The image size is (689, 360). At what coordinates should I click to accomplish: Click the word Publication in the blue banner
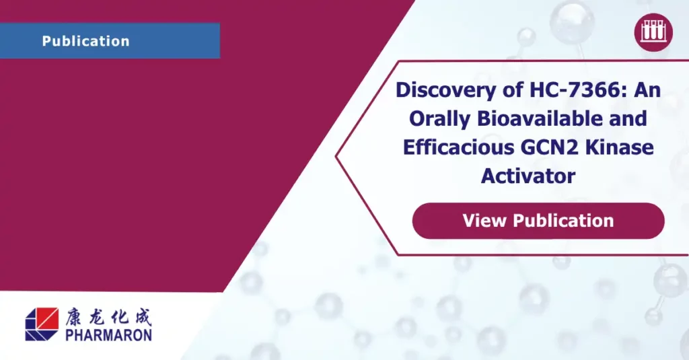(x=85, y=41)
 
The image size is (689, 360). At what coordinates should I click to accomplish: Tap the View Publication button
(x=538, y=221)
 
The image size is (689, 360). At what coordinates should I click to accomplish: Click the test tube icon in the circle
(x=653, y=32)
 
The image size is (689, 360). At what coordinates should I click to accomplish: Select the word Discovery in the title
(x=460, y=90)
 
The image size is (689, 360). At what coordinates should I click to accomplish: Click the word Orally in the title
(x=439, y=119)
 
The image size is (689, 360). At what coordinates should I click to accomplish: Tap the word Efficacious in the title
(x=459, y=147)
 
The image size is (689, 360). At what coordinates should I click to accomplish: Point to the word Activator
(x=528, y=176)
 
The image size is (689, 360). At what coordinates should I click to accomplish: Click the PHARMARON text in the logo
(x=108, y=335)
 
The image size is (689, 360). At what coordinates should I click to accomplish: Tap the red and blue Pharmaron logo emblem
(x=42, y=324)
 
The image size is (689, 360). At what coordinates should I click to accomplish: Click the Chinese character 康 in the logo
(x=75, y=317)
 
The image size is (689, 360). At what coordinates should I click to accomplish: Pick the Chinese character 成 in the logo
(x=143, y=317)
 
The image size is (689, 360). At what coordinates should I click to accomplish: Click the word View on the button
(x=484, y=220)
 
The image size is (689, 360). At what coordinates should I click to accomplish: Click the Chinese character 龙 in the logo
(x=98, y=317)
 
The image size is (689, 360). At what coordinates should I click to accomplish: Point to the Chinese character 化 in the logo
(x=120, y=317)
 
